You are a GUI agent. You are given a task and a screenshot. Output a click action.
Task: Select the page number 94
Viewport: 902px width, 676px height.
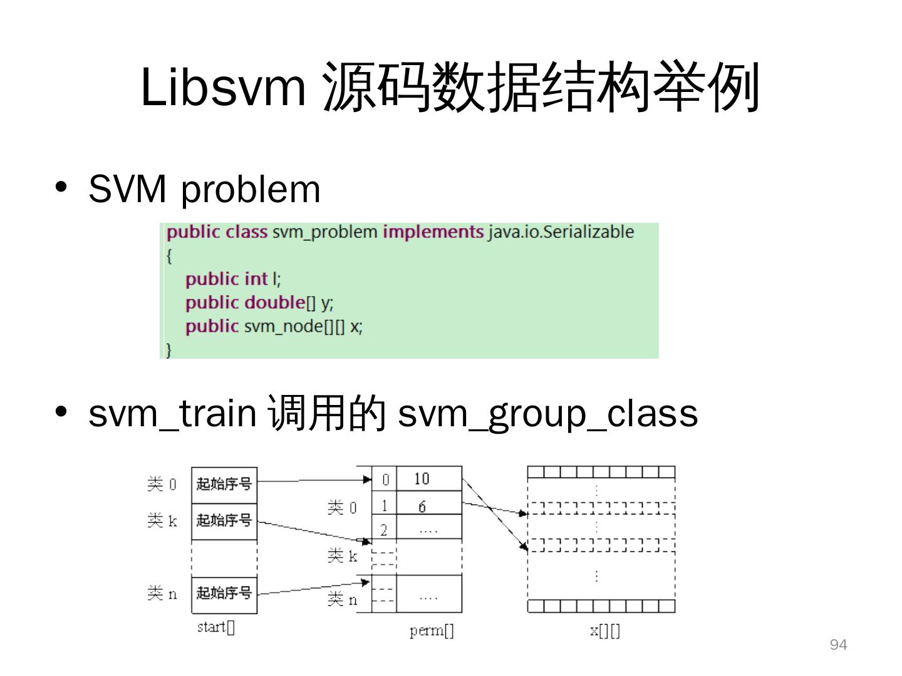[x=838, y=645]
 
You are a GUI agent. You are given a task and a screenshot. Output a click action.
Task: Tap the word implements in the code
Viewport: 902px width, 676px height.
[x=433, y=232]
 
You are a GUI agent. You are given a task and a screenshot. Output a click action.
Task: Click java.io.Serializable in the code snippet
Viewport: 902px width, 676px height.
[x=561, y=232]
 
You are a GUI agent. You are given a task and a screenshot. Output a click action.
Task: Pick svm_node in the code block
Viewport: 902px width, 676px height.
[x=283, y=326]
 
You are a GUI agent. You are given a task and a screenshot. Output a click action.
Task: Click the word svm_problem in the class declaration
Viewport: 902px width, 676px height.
[x=324, y=232]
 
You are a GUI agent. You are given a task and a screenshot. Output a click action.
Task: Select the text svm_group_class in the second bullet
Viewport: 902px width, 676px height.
[x=547, y=414]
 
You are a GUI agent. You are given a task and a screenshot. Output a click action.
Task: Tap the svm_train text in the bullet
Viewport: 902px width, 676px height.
[x=172, y=414]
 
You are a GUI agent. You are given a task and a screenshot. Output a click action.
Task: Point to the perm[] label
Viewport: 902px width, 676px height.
[x=432, y=630]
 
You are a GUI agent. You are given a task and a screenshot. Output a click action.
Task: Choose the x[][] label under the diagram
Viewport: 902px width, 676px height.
[x=604, y=630]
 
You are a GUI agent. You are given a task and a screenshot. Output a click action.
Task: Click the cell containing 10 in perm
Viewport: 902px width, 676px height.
[x=429, y=479]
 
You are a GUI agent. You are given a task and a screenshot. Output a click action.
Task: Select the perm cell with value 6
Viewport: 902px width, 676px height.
[x=429, y=506]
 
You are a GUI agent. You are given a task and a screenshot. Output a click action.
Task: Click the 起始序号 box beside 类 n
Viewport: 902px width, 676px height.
[x=224, y=592]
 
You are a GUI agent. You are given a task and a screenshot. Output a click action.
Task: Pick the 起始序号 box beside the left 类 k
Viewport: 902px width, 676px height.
[x=224, y=520]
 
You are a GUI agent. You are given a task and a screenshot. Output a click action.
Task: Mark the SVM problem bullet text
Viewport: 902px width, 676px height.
[x=204, y=188]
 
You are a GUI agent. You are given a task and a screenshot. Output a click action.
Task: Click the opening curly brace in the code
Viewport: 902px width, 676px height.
[x=169, y=255]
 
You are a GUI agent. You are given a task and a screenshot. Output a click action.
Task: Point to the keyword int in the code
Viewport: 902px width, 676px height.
[x=256, y=279]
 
